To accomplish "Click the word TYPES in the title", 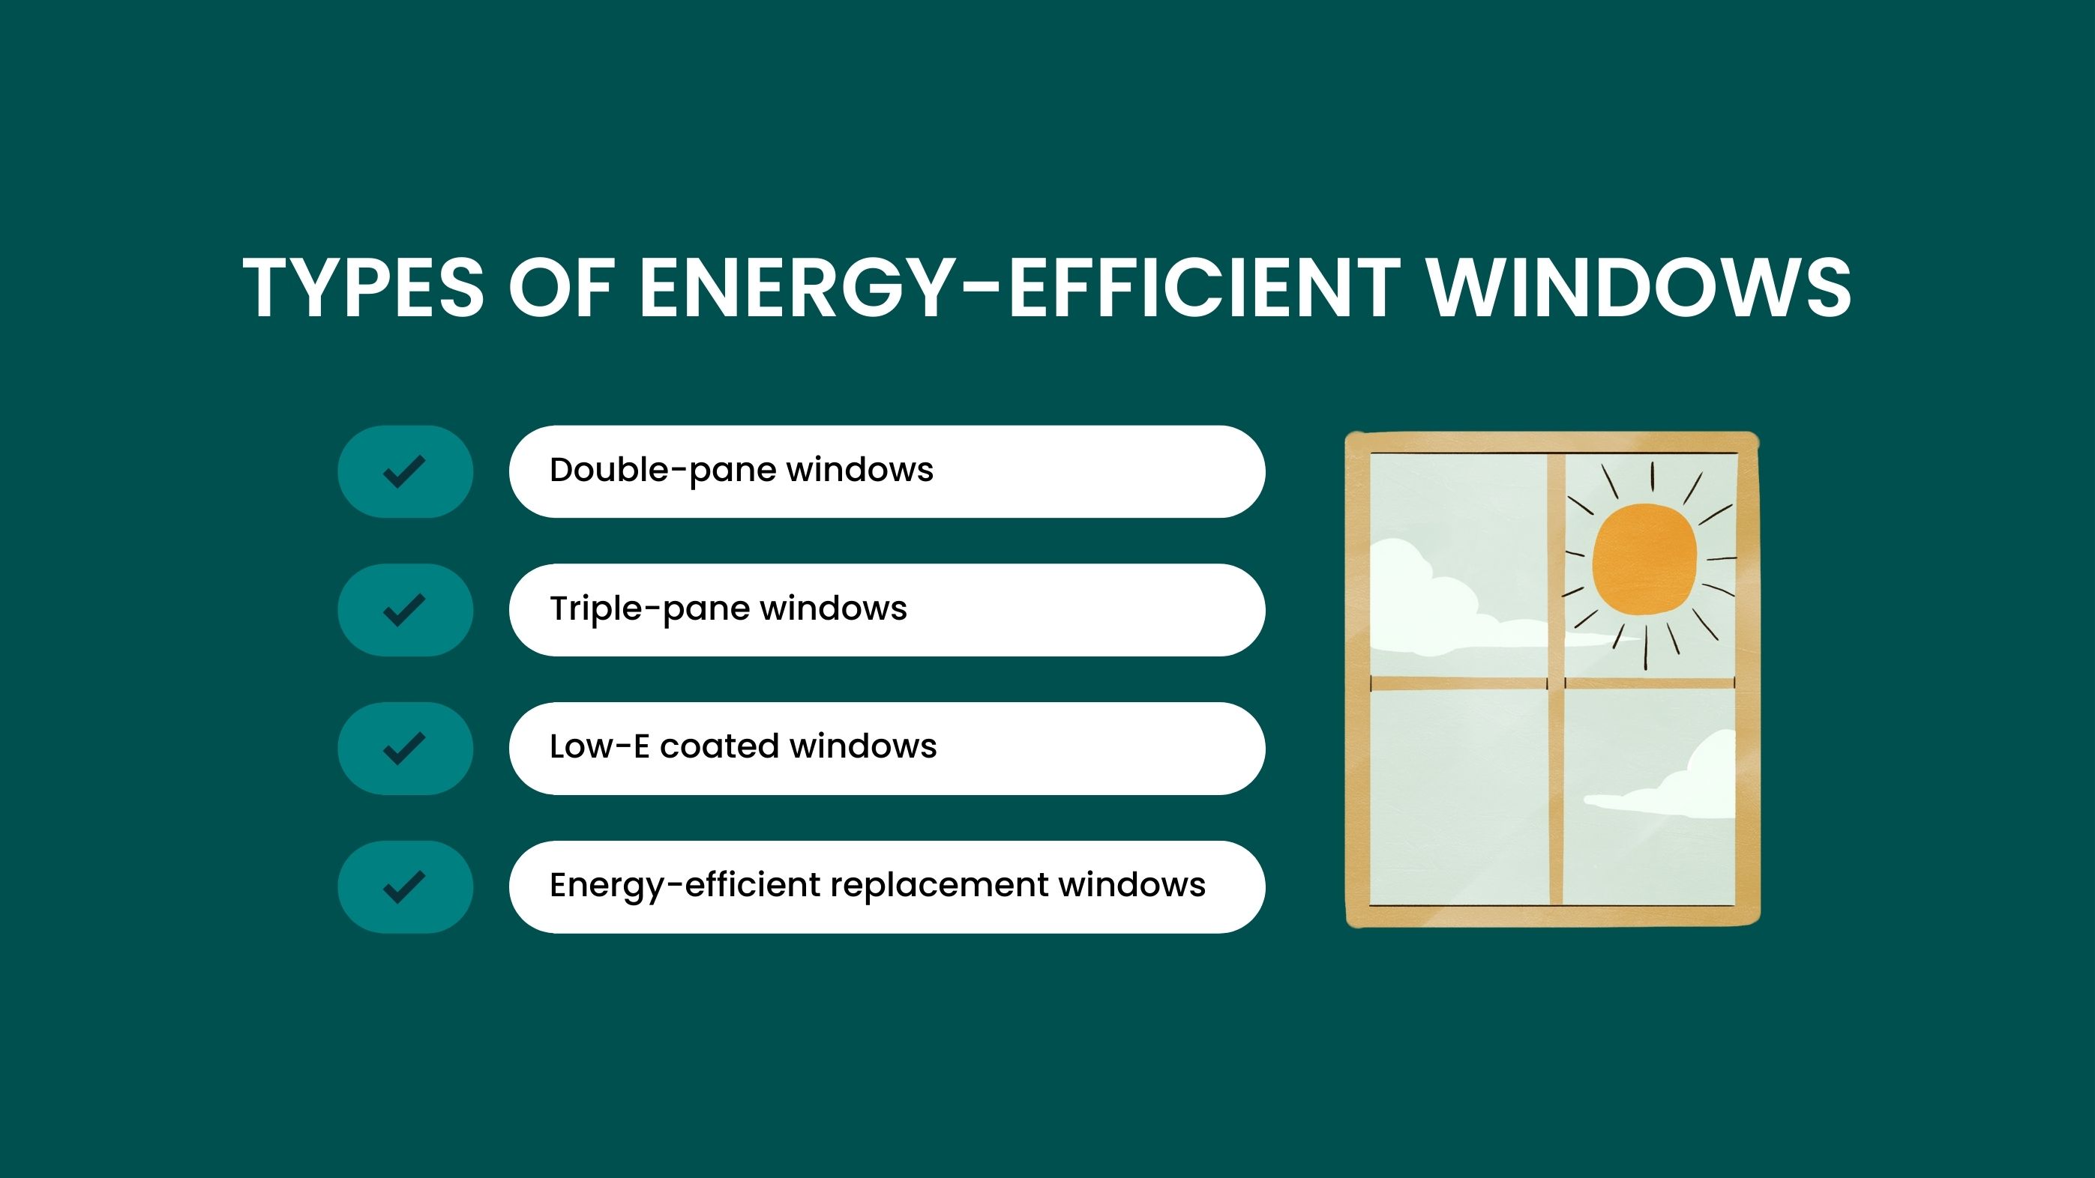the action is point(364,287).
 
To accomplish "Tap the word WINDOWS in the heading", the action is point(1640,287).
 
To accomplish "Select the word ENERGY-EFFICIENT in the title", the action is point(1021,287).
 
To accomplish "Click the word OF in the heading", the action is point(562,287).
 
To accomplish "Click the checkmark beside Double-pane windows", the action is point(404,471).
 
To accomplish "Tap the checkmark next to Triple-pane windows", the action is point(404,610).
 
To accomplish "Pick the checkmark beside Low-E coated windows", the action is point(404,748).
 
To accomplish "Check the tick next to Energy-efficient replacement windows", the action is point(404,886).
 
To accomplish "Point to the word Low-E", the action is point(599,747).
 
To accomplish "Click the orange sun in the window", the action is point(1644,558).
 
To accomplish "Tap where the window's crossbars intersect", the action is point(1556,683).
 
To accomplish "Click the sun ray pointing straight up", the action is point(1652,477).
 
